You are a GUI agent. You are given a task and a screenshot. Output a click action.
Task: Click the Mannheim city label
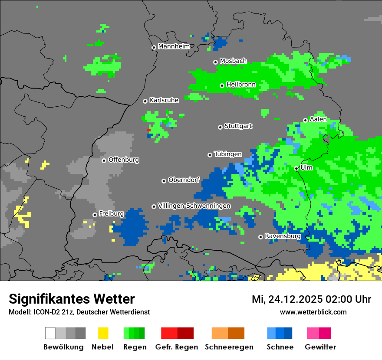point(174,46)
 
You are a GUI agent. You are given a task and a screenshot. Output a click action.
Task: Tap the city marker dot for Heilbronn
point(222,85)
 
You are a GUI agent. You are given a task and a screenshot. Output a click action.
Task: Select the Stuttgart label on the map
point(238,126)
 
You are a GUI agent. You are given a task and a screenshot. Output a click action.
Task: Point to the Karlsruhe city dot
point(145,101)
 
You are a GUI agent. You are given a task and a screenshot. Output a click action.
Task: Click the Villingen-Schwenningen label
point(194,206)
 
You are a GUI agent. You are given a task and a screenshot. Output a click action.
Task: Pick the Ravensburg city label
point(283,236)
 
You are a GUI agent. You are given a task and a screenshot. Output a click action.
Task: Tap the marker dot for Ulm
point(296,168)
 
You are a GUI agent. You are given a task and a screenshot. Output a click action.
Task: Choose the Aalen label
point(318,119)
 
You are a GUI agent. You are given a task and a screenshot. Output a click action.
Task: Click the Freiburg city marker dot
point(95,215)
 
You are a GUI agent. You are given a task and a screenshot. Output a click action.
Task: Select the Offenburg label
point(124,160)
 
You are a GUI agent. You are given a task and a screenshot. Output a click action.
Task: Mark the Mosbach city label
point(233,61)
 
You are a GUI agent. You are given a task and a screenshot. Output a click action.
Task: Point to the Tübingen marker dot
point(210,155)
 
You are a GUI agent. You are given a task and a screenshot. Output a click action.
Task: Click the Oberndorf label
point(184,180)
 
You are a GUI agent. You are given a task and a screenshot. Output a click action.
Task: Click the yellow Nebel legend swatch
point(103,333)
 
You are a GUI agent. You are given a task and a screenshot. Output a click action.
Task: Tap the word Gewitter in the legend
point(320,347)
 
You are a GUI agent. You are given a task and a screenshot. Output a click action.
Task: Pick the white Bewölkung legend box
point(50,333)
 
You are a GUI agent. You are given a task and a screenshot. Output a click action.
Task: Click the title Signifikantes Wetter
point(72,299)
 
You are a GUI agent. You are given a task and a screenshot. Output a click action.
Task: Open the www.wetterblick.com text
point(313,312)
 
